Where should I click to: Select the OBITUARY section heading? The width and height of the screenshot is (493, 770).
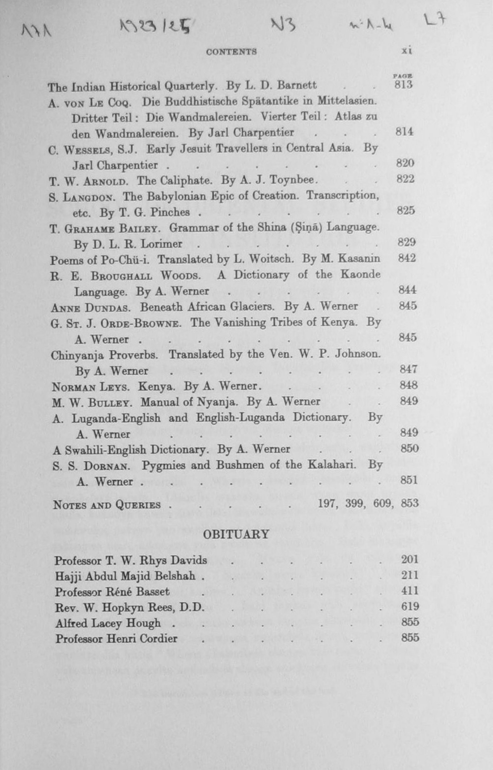coord(236,534)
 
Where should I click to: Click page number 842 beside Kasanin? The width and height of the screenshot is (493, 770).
coord(407,258)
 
